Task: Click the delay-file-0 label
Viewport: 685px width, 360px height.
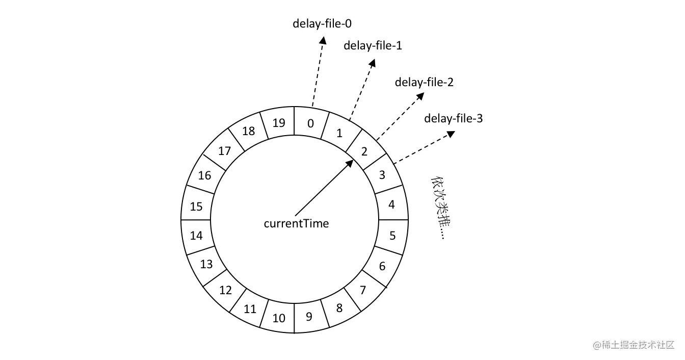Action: click(322, 23)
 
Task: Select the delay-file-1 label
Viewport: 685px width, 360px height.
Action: click(373, 45)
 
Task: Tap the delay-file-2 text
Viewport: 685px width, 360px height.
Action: click(424, 82)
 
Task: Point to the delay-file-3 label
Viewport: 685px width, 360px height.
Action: click(453, 118)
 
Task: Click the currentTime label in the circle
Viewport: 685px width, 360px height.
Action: click(296, 223)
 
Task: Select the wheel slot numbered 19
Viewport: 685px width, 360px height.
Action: click(278, 123)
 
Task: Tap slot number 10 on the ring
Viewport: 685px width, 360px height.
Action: click(279, 318)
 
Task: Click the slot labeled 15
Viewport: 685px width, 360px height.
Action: click(196, 207)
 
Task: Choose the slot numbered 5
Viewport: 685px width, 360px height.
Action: click(392, 236)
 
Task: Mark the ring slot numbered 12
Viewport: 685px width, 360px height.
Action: click(225, 290)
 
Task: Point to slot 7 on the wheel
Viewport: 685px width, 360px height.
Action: click(363, 290)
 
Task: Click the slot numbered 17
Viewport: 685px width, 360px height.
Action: click(224, 151)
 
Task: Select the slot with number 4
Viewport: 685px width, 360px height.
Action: click(391, 204)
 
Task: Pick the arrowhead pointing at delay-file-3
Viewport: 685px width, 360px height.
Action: click(450, 134)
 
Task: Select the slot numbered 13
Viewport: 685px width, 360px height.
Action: click(206, 264)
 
